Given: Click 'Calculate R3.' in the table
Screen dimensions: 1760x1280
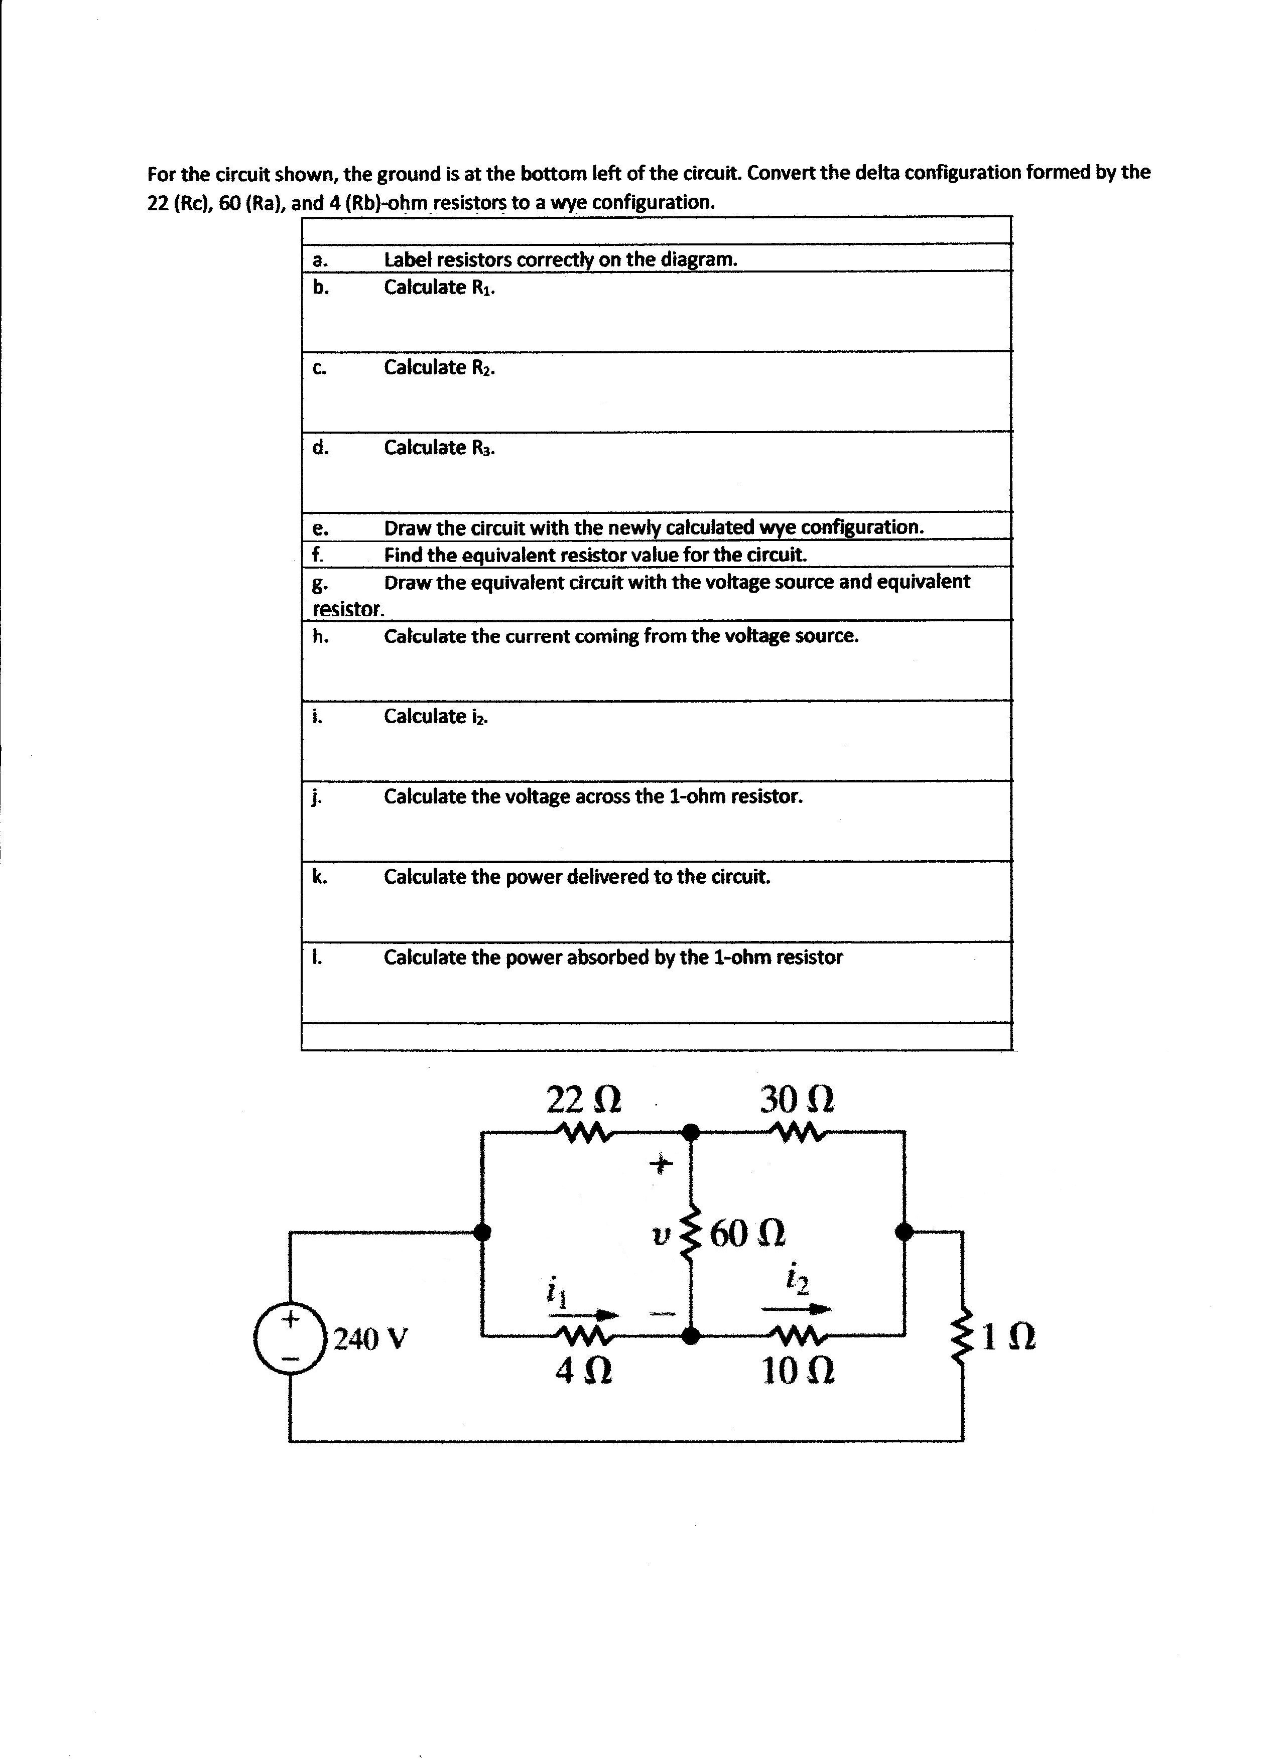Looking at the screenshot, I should click(x=439, y=448).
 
